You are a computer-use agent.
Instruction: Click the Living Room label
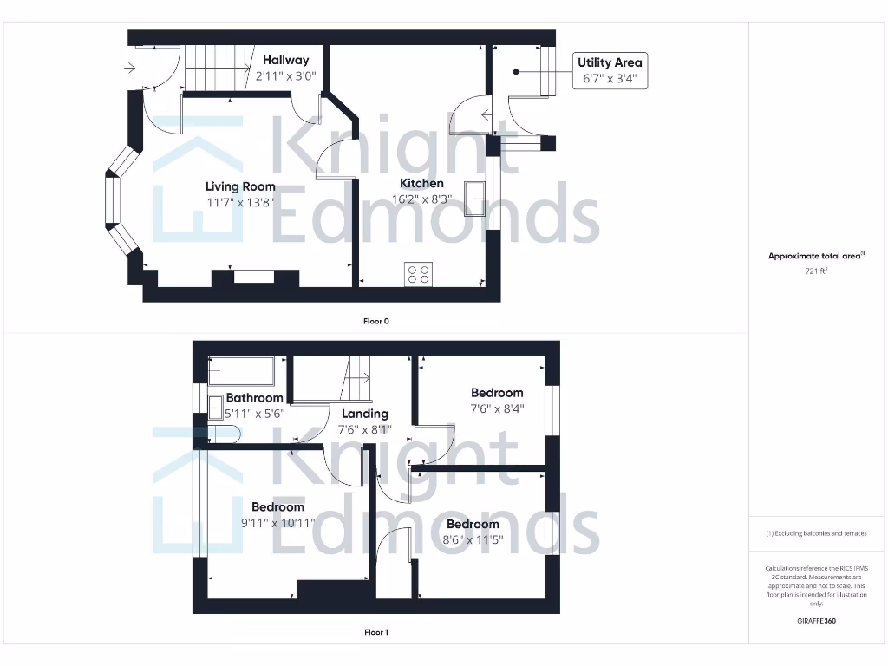240,186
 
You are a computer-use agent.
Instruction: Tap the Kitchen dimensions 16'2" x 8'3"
421,199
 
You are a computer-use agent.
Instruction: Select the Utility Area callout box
610,70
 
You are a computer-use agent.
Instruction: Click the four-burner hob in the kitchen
418,274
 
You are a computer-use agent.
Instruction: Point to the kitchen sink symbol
475,199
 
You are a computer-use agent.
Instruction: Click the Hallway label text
285,61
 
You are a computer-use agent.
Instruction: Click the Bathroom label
254,398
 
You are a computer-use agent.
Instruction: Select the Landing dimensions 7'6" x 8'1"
365,429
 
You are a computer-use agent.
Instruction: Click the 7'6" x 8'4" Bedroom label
497,393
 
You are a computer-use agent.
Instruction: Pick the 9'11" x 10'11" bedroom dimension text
277,523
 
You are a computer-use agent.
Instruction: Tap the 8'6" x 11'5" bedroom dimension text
473,540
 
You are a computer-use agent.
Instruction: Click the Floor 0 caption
375,321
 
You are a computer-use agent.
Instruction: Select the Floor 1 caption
375,632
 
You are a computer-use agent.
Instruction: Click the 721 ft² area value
816,271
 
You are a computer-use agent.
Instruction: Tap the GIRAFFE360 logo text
816,621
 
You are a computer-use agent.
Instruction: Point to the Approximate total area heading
816,256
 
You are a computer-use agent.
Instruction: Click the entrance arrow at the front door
130,68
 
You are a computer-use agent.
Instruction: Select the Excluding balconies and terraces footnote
816,533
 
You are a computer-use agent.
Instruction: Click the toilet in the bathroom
224,433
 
